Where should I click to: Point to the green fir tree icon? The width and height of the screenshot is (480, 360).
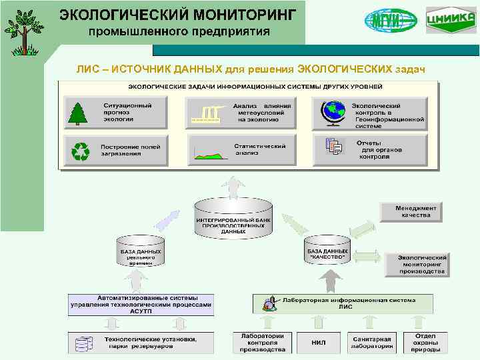pos(79,113)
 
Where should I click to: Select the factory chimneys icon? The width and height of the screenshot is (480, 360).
pos(207,113)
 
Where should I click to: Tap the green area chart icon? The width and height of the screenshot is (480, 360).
pos(209,153)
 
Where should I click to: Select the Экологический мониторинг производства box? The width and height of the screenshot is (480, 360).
pos(421,265)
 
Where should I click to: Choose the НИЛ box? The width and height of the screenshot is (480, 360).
pos(319,343)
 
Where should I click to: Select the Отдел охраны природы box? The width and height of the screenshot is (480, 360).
pos(425,342)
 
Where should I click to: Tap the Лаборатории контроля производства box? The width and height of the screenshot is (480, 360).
pos(262,342)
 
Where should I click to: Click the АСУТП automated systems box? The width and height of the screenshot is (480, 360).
pos(141,304)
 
